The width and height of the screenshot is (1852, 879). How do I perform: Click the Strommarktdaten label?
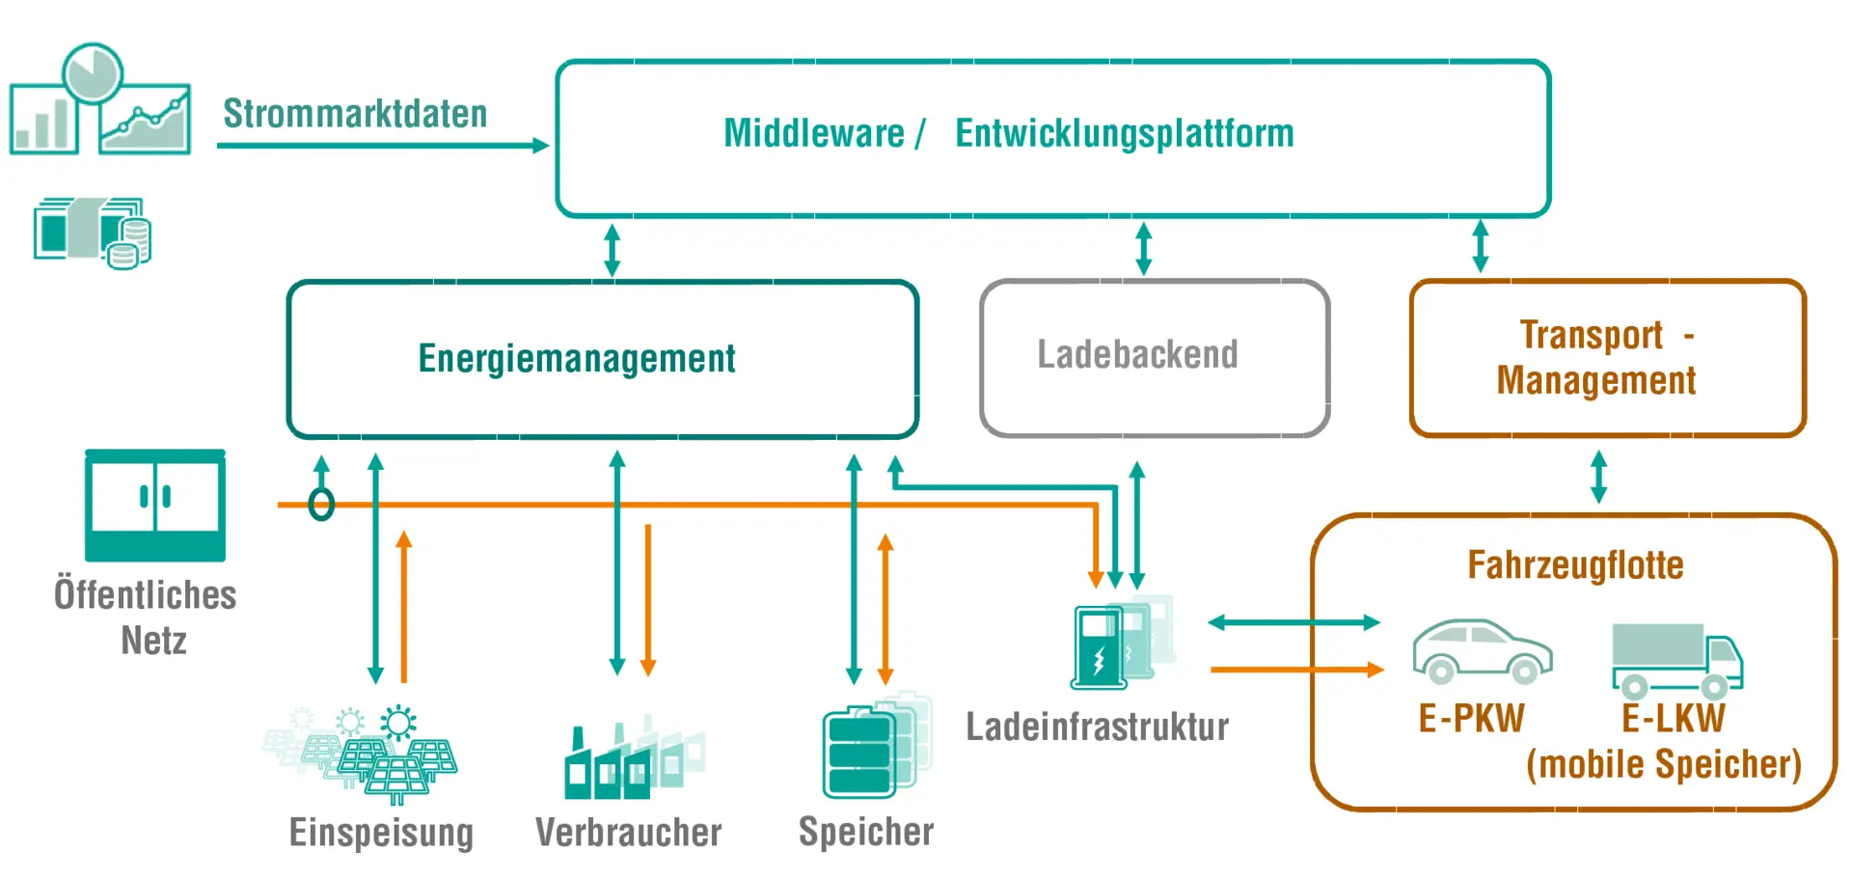click(x=355, y=114)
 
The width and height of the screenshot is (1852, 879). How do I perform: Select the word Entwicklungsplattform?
click(x=1124, y=133)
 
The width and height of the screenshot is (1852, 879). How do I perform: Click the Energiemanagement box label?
click(x=576, y=358)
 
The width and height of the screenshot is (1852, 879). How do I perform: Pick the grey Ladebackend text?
click(x=1137, y=354)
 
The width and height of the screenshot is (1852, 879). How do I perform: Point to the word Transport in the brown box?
click(x=1591, y=335)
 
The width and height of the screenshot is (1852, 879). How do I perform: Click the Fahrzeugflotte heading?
click(x=1575, y=564)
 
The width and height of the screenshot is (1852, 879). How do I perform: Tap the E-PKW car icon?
click(x=1482, y=651)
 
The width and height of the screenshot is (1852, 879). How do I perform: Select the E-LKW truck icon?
click(x=1676, y=661)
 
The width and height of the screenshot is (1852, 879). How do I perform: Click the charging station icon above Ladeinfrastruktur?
click(x=1119, y=644)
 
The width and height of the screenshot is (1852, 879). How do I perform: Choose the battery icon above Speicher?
click(x=873, y=748)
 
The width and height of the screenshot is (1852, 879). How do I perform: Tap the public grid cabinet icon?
click(x=155, y=506)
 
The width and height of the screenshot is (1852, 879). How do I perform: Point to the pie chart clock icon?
click(x=93, y=72)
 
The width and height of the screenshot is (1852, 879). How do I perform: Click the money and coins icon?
click(x=93, y=233)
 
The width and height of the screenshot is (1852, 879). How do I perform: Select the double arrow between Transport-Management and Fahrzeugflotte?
click(x=1598, y=477)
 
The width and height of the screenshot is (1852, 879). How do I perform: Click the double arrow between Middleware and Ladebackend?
click(x=1144, y=249)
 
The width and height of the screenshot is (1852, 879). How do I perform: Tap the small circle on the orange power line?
click(x=321, y=504)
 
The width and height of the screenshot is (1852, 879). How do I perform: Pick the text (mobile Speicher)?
click(x=1664, y=764)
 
